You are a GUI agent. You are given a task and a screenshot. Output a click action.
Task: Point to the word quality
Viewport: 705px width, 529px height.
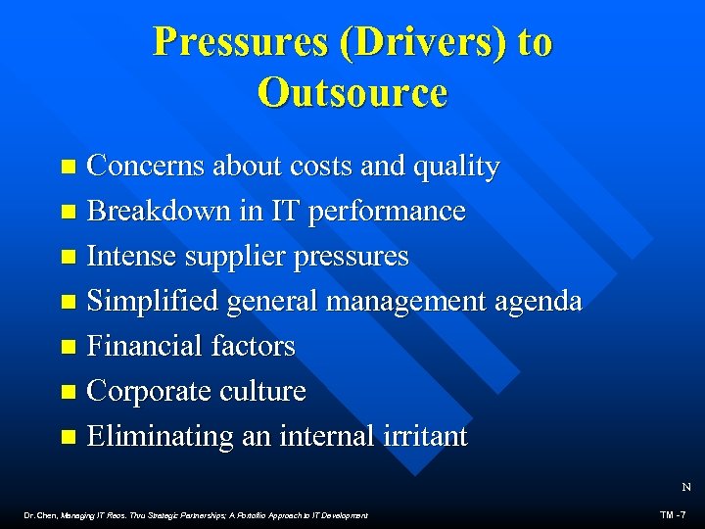click(x=457, y=168)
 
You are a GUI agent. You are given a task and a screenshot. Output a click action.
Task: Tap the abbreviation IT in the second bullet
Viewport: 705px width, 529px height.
click(x=286, y=212)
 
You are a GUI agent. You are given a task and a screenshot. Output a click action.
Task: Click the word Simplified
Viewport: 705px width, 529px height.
click(x=152, y=302)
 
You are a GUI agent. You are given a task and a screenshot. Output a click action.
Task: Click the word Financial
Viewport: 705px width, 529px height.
click(x=145, y=346)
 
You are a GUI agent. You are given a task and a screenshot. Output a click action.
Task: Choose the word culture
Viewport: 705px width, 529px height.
click(x=264, y=391)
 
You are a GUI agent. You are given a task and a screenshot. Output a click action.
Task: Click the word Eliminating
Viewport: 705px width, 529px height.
click(x=161, y=436)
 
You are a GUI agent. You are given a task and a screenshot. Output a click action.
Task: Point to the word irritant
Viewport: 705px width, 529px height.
click(x=422, y=436)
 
